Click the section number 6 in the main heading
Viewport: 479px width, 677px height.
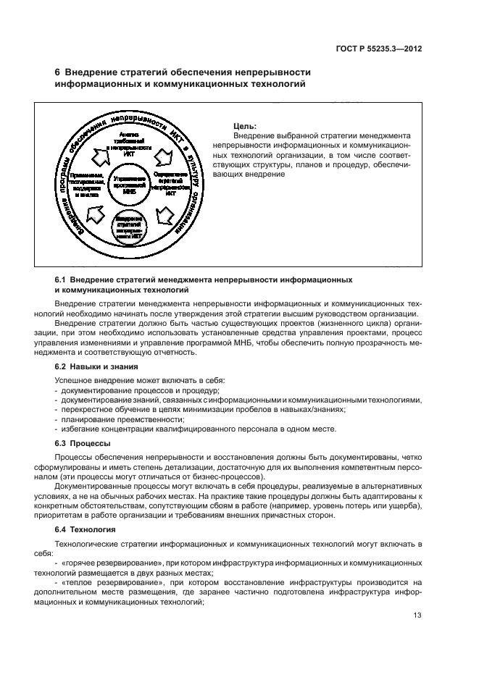[58, 72]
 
